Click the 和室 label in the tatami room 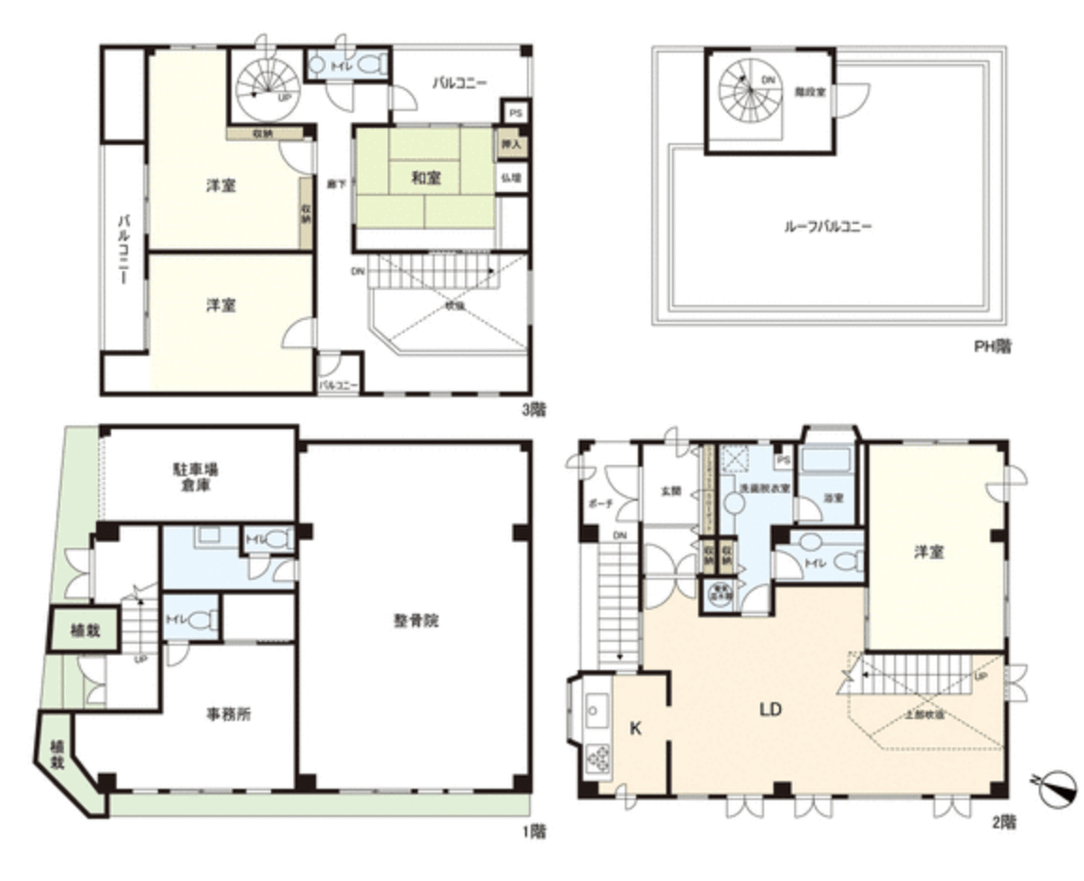(x=422, y=176)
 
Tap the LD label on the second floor (x=771, y=710)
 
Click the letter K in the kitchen (x=635, y=727)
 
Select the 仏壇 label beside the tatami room (x=514, y=176)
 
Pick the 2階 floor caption (x=1003, y=822)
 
